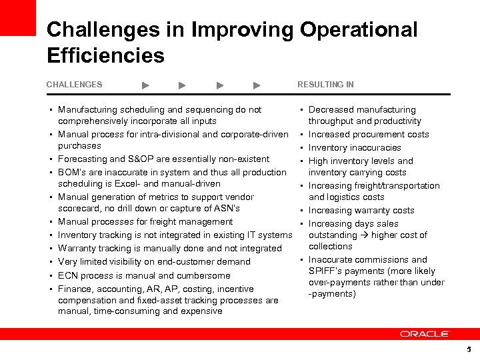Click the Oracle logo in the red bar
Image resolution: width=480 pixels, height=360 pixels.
click(x=425, y=333)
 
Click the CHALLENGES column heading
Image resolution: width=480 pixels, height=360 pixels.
click(x=74, y=85)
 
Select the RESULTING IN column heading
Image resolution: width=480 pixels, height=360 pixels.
click(x=325, y=85)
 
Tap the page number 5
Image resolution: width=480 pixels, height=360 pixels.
click(x=469, y=349)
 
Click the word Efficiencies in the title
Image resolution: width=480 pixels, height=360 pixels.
click(x=105, y=55)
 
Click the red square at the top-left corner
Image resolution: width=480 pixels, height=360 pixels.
click(x=17, y=17)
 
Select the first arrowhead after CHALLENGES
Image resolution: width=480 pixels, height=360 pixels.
click(x=146, y=85)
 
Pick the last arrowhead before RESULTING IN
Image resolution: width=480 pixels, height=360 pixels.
click(x=257, y=85)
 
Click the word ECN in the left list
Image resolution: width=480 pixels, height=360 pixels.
click(x=67, y=275)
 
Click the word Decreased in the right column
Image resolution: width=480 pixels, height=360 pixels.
click(x=331, y=109)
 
